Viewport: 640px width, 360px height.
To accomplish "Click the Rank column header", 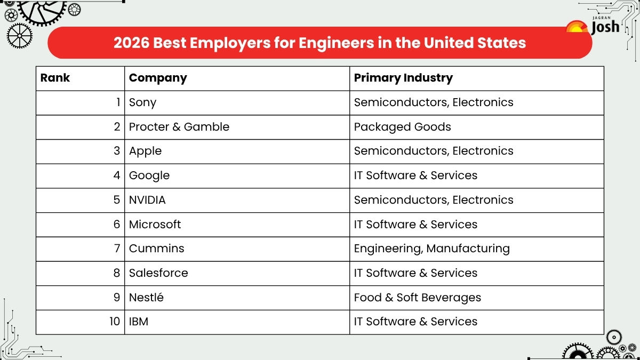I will (x=55, y=78).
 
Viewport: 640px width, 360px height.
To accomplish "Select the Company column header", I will (x=158, y=78).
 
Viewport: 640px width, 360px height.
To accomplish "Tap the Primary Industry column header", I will (x=403, y=78).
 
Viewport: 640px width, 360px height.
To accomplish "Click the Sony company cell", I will (x=143, y=102).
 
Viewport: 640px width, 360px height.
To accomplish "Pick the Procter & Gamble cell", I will (x=179, y=127).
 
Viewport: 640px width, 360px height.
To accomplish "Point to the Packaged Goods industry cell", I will (x=403, y=127).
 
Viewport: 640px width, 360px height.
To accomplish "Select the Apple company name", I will (x=145, y=151).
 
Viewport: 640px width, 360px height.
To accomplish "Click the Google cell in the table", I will (x=149, y=175).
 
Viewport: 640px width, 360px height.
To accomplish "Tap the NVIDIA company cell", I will (x=147, y=200).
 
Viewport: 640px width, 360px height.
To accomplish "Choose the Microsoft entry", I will (x=155, y=225).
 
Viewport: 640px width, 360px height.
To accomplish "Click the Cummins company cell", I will (x=157, y=249).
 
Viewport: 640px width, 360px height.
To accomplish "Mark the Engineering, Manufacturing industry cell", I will (x=432, y=249).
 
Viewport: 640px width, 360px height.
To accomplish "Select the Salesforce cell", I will (x=158, y=273).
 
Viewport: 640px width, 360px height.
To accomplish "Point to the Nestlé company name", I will (x=146, y=298).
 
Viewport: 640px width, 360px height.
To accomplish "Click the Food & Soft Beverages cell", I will (x=418, y=298).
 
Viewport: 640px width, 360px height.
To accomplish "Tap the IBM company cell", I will (x=139, y=322).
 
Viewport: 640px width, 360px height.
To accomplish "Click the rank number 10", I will (x=115, y=322).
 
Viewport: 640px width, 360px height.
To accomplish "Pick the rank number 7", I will (x=117, y=249).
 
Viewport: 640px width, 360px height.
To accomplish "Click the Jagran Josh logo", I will (x=594, y=26).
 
